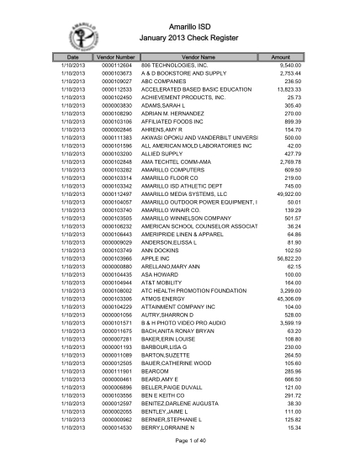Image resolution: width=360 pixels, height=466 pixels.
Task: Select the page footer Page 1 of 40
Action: tap(180, 442)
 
